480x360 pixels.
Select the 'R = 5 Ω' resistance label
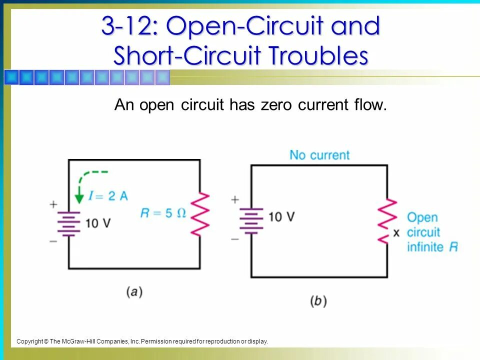point(163,212)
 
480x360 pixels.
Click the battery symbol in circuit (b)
point(251,220)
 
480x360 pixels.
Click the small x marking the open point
point(396,232)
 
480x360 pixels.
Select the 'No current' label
point(319,155)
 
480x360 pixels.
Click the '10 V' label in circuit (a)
point(97,223)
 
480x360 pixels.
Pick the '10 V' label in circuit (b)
point(281,216)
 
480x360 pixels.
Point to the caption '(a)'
point(134,291)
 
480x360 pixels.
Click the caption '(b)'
point(318,301)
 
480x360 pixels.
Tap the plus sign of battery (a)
point(53,204)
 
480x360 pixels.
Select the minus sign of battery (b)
point(235,239)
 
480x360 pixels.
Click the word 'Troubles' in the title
point(315,55)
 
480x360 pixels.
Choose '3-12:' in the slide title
point(129,26)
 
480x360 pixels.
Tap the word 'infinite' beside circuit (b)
point(424,246)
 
